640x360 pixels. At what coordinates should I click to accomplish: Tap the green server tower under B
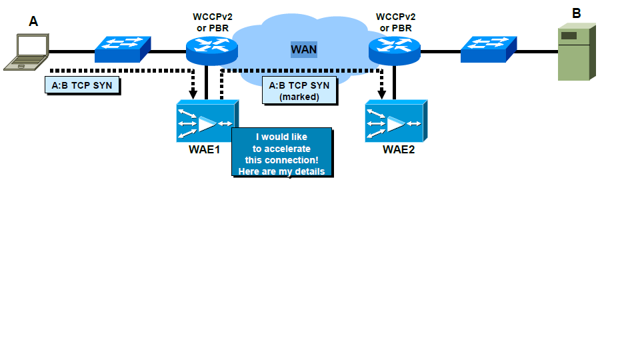[x=577, y=53]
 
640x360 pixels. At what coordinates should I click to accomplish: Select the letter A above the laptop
[x=33, y=22]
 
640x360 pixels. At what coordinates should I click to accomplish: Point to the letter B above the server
[x=577, y=13]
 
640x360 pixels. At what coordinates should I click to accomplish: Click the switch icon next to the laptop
[x=123, y=49]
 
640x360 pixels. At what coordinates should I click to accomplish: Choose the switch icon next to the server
[x=489, y=49]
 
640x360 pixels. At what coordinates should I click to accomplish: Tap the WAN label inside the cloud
[x=303, y=49]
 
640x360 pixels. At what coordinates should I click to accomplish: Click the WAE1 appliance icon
[x=207, y=122]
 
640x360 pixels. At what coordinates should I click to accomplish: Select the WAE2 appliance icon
[x=395, y=122]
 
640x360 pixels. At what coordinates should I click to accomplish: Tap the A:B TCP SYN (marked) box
[x=299, y=91]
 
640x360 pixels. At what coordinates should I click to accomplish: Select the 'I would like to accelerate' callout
[x=281, y=153]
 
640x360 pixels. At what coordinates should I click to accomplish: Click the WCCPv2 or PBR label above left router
[x=212, y=22]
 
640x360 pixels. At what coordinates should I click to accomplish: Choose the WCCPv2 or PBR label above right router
[x=395, y=22]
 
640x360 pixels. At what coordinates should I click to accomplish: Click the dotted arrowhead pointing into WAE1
[x=193, y=93]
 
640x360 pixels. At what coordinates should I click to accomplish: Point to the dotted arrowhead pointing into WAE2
[x=382, y=93]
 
